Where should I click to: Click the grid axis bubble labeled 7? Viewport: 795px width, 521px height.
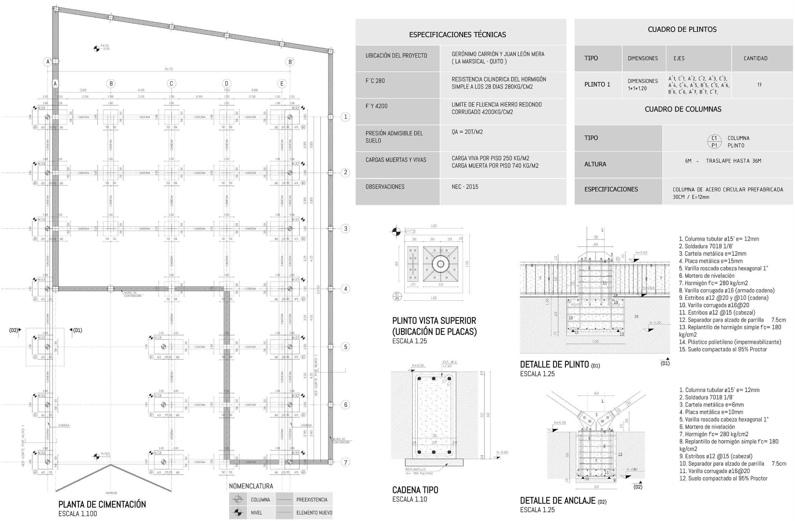pyautogui.click(x=346, y=462)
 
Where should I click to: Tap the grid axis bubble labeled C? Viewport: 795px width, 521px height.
pyautogui.click(x=171, y=83)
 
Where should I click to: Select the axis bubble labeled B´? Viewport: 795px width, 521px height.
pyautogui.click(x=290, y=62)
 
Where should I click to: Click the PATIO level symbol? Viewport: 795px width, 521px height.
pyautogui.click(x=96, y=49)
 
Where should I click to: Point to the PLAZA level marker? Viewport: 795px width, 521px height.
pyautogui.click(x=97, y=456)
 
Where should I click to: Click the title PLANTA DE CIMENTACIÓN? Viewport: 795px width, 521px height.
pyautogui.click(x=102, y=504)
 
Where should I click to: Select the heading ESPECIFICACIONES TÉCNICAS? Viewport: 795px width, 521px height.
pyautogui.click(x=457, y=34)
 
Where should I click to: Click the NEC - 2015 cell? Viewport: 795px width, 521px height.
pyautogui.click(x=465, y=187)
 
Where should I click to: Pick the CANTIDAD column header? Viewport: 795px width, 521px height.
pyautogui.click(x=755, y=58)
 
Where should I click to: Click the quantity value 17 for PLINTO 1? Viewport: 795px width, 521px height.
pyautogui.click(x=759, y=85)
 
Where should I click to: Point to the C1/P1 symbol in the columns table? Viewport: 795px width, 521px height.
pyautogui.click(x=714, y=142)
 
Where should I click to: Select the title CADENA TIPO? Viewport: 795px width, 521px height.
pyautogui.click(x=415, y=490)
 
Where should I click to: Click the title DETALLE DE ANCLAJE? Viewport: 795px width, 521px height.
pyautogui.click(x=557, y=501)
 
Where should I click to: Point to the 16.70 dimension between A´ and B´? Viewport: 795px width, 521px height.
pyautogui.click(x=168, y=69)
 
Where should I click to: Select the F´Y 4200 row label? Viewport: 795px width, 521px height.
pyautogui.click(x=376, y=106)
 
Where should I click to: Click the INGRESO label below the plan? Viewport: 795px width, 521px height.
pyautogui.click(x=111, y=493)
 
